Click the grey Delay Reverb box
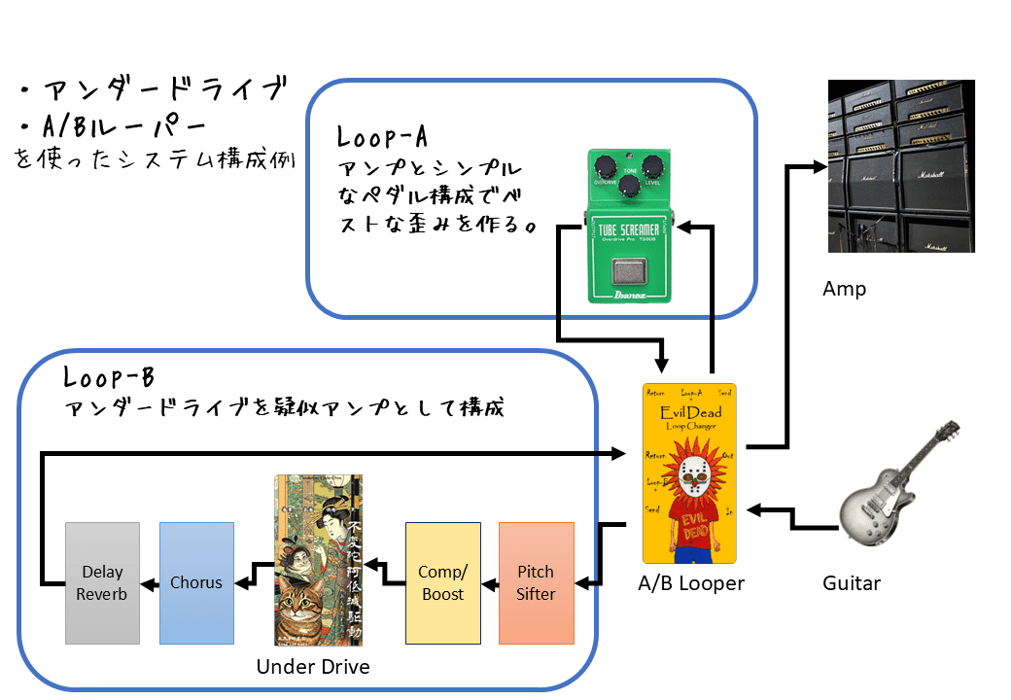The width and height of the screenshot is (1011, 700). (102, 583)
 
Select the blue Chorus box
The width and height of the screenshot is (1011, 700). (196, 583)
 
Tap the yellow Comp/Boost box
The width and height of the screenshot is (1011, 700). (442, 583)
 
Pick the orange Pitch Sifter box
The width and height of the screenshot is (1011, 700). (536, 583)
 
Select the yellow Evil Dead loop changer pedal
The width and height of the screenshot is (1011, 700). (688, 472)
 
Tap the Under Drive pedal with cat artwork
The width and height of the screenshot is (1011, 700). (318, 560)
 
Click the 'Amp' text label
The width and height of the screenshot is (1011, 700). (844, 289)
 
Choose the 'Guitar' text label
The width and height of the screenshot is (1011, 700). (852, 583)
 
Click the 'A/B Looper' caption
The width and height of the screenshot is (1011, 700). (691, 583)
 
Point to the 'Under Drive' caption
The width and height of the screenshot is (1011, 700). (313, 667)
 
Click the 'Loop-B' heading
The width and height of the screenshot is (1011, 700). (103, 376)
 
